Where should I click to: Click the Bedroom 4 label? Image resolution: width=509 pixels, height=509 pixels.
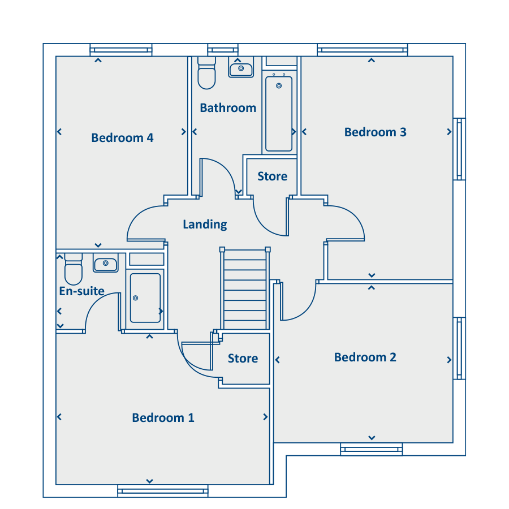pyautogui.click(x=122, y=138)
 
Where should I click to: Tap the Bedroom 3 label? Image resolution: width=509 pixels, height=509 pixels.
pyautogui.click(x=376, y=132)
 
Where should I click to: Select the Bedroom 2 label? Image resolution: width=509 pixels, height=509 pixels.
pyautogui.click(x=365, y=357)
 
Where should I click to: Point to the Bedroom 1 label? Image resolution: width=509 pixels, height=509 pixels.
pyautogui.click(x=163, y=418)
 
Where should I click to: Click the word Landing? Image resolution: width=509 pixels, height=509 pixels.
pyautogui.click(x=205, y=225)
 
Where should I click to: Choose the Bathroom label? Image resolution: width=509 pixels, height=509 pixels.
pyautogui.click(x=228, y=108)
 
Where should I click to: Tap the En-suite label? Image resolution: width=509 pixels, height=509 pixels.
pyautogui.click(x=82, y=291)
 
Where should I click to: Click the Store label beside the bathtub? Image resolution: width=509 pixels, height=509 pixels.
pyautogui.click(x=273, y=176)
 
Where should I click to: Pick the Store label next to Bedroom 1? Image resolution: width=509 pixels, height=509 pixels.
pyautogui.click(x=243, y=359)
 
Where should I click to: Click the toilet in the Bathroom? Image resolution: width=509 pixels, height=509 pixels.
pyautogui.click(x=207, y=73)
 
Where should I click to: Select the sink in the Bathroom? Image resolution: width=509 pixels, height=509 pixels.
pyautogui.click(x=241, y=67)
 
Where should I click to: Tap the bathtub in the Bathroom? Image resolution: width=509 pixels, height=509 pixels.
pyautogui.click(x=279, y=114)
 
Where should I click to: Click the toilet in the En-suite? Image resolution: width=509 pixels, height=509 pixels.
pyautogui.click(x=74, y=269)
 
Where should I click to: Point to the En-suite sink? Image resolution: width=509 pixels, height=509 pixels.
pyautogui.click(x=106, y=263)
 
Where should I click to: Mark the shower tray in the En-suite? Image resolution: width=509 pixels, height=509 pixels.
pyautogui.click(x=145, y=298)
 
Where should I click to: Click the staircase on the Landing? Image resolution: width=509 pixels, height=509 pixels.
pyautogui.click(x=245, y=290)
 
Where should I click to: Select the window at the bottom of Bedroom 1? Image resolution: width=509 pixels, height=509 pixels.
pyautogui.click(x=163, y=491)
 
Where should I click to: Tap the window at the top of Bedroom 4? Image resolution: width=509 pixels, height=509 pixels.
pyautogui.click(x=121, y=50)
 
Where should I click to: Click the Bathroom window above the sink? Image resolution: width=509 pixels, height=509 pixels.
pyautogui.click(x=223, y=50)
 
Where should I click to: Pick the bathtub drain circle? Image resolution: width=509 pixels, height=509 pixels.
pyautogui.click(x=279, y=86)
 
